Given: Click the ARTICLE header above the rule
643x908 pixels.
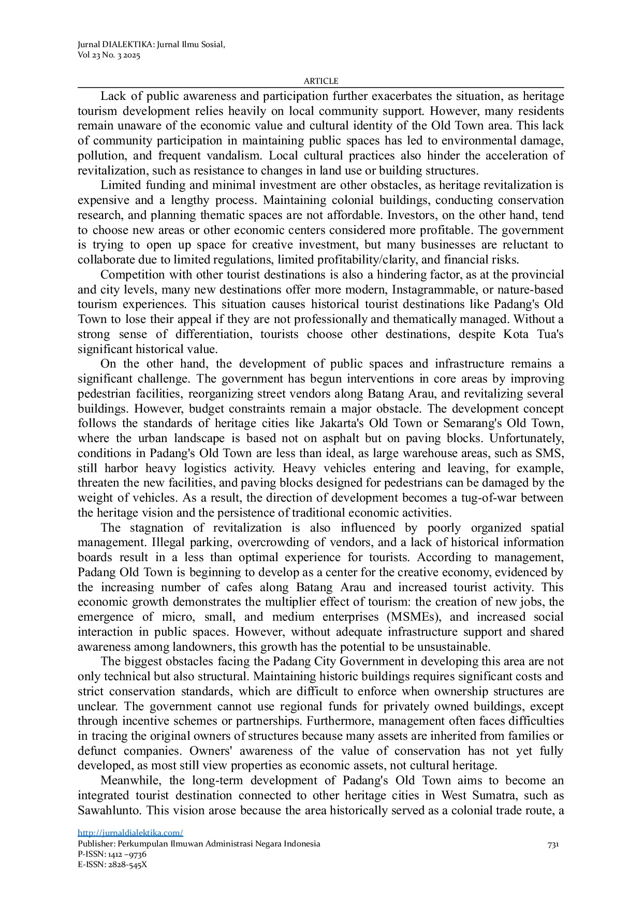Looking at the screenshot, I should coord(320,81).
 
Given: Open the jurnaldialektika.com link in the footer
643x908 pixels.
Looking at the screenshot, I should coord(130,832).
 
